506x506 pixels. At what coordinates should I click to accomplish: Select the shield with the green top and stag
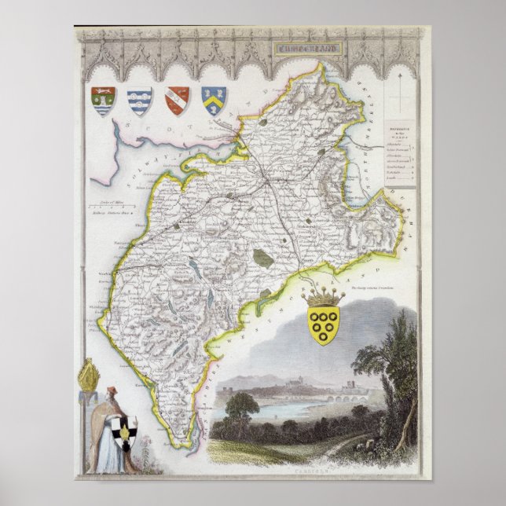coord(103,101)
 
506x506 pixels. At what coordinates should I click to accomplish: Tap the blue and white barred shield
coord(139,101)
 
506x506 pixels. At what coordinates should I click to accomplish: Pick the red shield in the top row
coord(177,101)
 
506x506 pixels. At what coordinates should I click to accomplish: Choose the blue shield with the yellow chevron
coord(213,100)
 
